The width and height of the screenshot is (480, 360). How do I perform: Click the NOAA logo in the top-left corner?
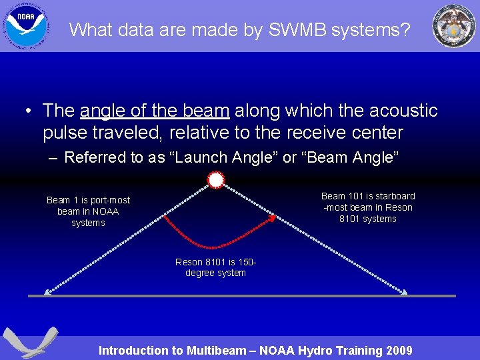27,26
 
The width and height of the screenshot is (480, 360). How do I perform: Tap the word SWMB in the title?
295,29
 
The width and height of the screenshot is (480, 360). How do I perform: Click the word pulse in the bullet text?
67,133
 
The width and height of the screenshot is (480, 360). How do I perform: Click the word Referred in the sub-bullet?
94,157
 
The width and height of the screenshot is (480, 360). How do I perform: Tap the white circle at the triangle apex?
215,181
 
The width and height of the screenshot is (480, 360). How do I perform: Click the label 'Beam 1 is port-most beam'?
88,211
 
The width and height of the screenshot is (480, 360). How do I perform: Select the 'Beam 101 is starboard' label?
368,207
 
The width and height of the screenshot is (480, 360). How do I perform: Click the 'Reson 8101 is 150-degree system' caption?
215,267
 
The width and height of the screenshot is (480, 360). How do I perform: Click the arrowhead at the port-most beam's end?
47,291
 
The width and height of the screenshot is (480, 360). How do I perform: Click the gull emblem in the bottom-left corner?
30,342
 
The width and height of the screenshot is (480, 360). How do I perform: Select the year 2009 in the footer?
397,351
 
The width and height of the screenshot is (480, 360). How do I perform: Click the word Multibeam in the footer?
217,351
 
